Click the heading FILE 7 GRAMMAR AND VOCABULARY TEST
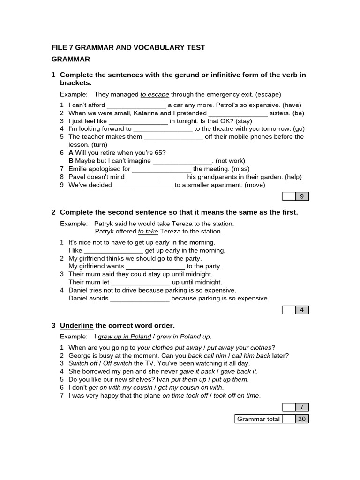[x=128, y=47]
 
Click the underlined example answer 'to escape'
[x=155, y=94]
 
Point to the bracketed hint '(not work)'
[x=230, y=161]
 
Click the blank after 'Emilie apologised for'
[x=162, y=169]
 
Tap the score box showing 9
[x=302, y=196]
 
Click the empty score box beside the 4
[x=289, y=309]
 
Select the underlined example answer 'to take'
[x=148, y=232]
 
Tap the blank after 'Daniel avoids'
[x=140, y=299]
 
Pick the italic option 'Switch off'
[x=82, y=363]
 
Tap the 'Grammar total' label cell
[x=258, y=419]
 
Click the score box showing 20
[x=302, y=419]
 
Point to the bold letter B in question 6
[x=71, y=161]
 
